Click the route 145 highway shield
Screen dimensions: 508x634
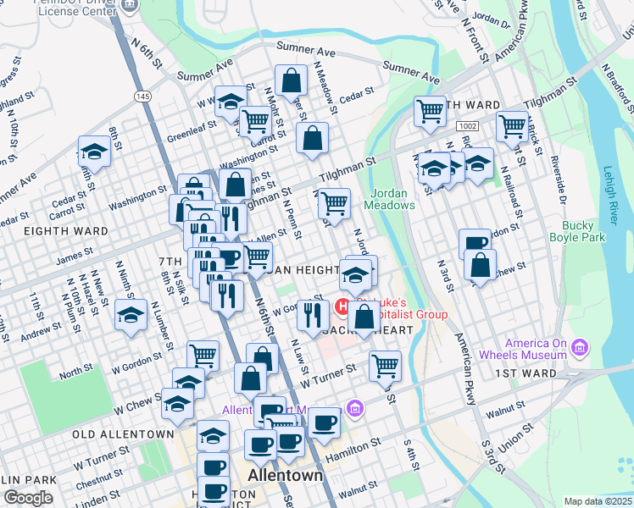pos(142,97)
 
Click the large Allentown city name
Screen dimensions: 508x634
pos(286,475)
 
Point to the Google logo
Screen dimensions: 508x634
pos(28,498)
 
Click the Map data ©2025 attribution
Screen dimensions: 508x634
pos(598,501)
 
